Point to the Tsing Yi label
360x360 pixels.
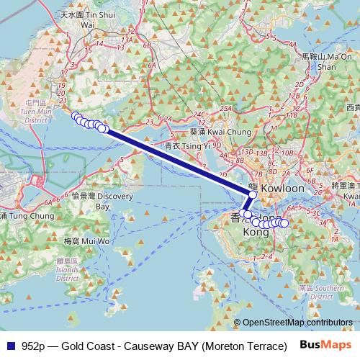coord(186,145)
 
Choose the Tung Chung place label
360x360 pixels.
coord(22,215)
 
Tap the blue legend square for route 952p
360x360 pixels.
coord(9,345)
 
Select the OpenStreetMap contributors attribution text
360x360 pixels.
coord(297,323)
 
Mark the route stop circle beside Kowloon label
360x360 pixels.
coord(253,194)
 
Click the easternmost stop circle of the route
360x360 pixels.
coord(284,223)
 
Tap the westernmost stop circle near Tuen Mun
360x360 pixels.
coord(76,116)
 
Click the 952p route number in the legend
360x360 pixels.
coord(35,345)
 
